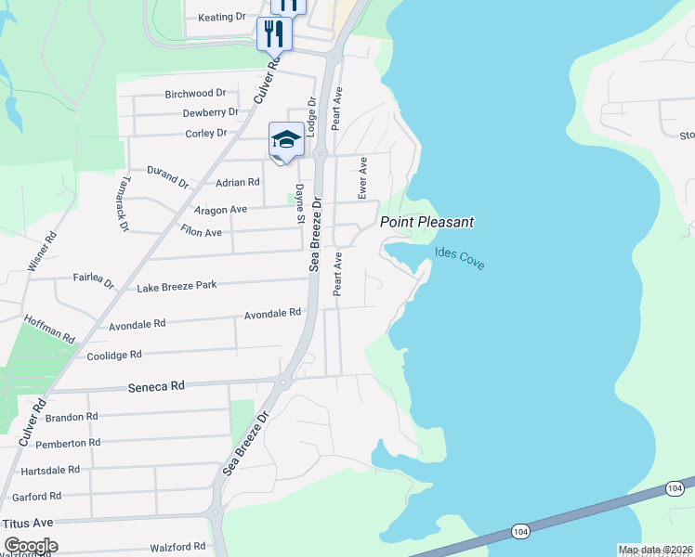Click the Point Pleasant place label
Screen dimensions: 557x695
(x=427, y=222)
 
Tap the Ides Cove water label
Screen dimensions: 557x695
(x=459, y=258)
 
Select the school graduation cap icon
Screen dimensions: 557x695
(x=286, y=140)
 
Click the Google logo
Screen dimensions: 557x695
(x=31, y=546)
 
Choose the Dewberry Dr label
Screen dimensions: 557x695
(x=210, y=112)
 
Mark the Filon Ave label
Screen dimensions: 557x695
(x=201, y=231)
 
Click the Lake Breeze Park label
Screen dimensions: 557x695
(x=177, y=286)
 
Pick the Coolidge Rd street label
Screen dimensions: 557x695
(x=113, y=355)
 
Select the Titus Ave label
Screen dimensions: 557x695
(x=29, y=524)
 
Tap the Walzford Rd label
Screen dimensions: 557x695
(x=176, y=546)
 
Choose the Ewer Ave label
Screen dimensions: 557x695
(x=363, y=176)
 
